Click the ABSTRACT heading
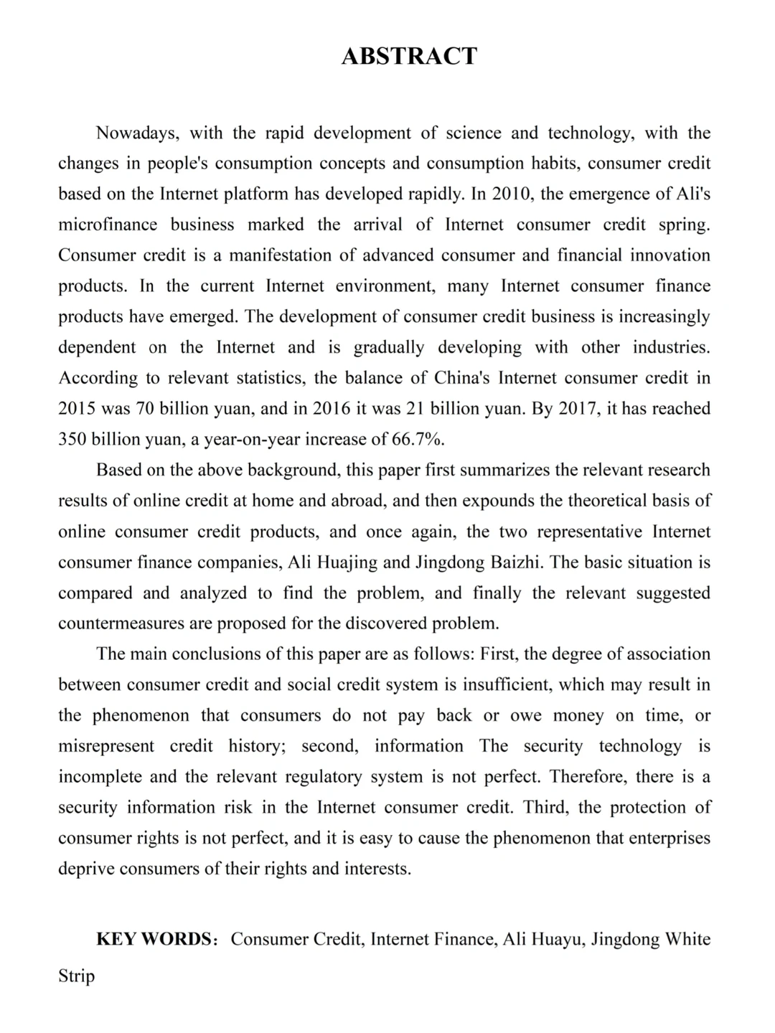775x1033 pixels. [x=409, y=56]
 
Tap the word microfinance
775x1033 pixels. [x=108, y=225]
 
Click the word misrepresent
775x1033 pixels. [x=106, y=747]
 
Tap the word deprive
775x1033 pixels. [x=86, y=869]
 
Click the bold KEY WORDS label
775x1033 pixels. [x=152, y=940]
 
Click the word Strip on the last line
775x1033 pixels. [x=76, y=977]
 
